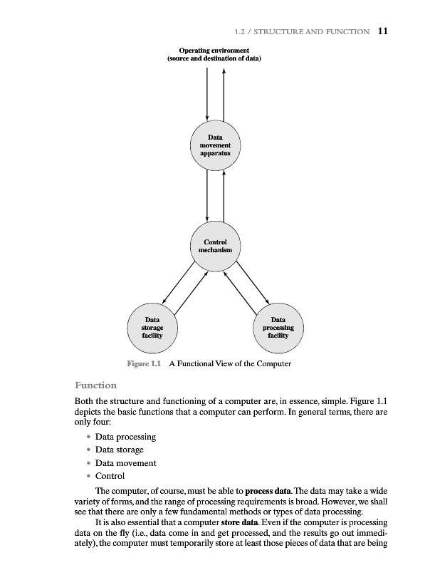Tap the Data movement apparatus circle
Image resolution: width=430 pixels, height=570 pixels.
[x=215, y=145]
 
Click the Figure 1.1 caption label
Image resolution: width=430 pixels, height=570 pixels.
[x=145, y=364]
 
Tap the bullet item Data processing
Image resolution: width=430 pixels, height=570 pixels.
[x=125, y=436]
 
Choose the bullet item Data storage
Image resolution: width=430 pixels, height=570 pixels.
[x=119, y=450]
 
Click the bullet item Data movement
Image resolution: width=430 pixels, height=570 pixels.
[x=125, y=463]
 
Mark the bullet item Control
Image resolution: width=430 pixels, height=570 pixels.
[x=110, y=476]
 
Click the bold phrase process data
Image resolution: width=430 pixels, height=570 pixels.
[x=269, y=492]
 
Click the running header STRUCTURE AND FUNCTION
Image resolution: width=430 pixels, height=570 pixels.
[x=315, y=31]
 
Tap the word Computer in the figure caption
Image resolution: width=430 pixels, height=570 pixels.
[x=271, y=364]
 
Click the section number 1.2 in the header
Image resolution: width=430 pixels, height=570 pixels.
[x=240, y=31]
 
